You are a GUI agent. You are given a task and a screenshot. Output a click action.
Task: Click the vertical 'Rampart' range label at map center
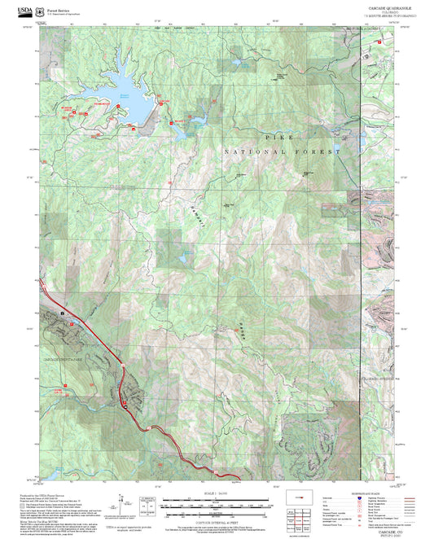pos(195,214)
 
